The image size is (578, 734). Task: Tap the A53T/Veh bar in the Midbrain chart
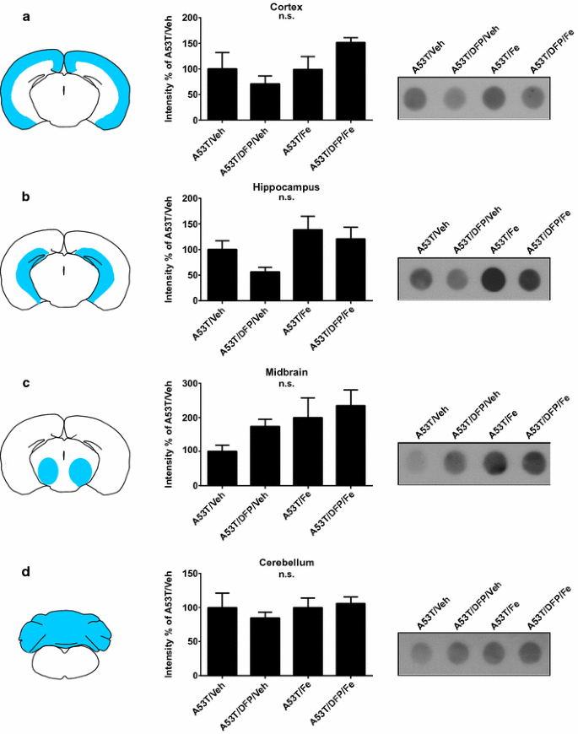click(222, 468)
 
